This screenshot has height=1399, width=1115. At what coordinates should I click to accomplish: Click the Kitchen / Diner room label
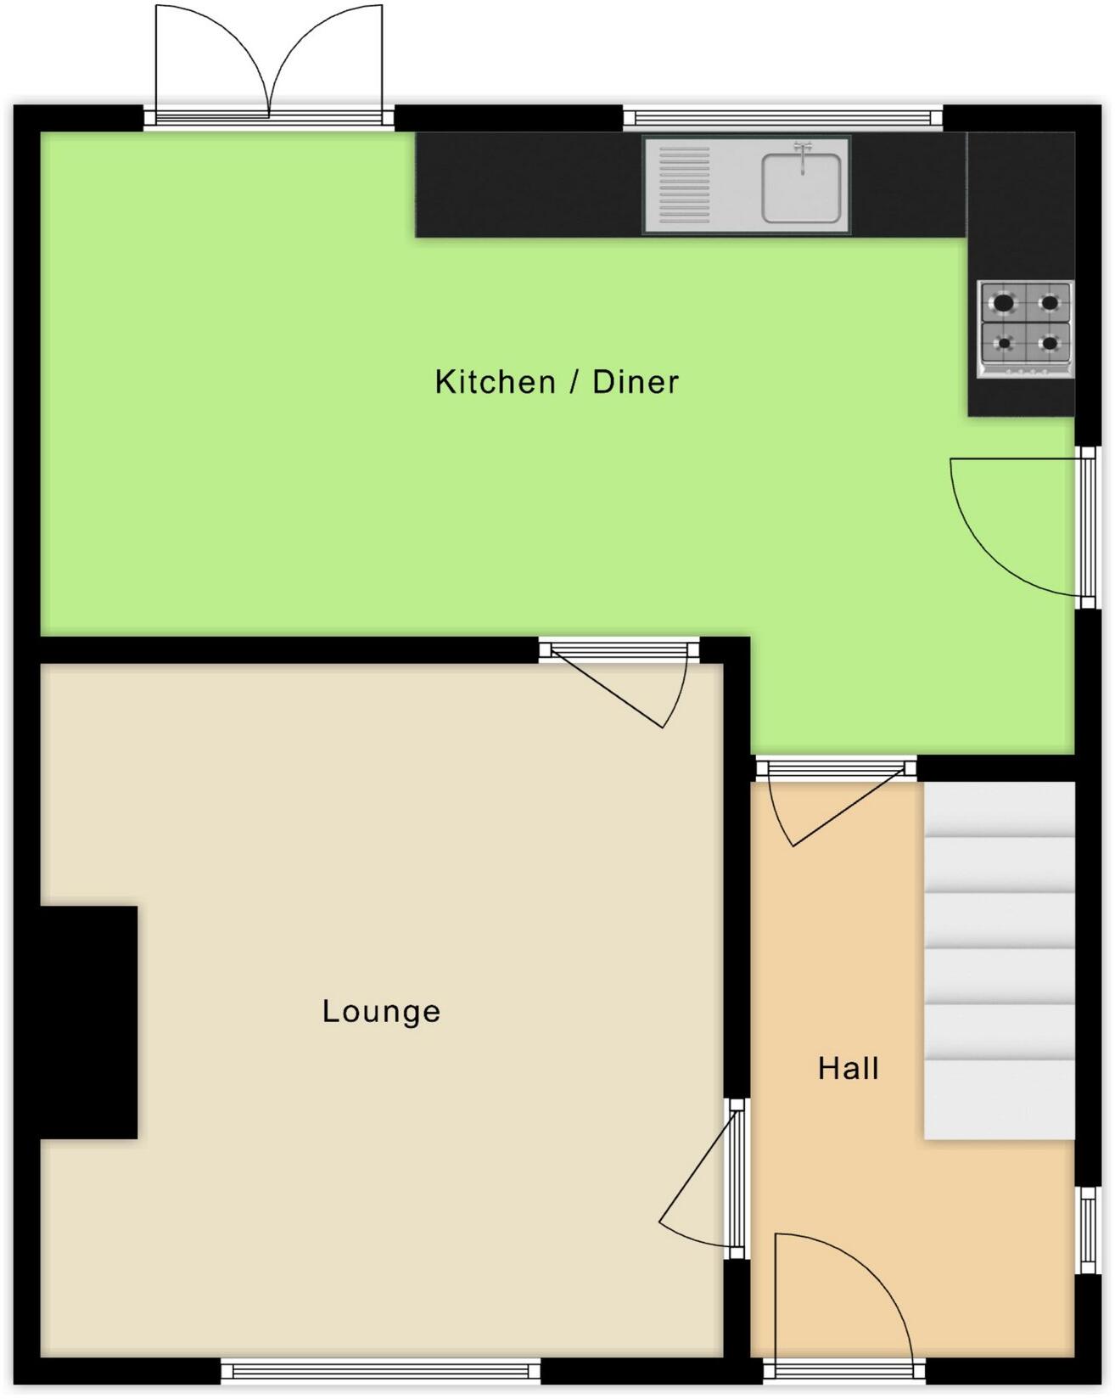click(557, 382)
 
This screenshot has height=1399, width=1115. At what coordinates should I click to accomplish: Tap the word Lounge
click(381, 1011)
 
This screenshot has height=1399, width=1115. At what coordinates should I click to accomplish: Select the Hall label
click(848, 1068)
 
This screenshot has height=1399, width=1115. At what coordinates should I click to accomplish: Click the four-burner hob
click(1026, 329)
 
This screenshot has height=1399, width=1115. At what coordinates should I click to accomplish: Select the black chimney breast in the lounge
click(89, 1022)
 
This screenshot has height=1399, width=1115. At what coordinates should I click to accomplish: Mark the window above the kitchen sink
click(782, 117)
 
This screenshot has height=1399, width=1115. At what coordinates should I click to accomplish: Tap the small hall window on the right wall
click(1086, 1229)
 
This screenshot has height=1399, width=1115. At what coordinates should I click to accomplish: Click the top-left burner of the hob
click(1004, 302)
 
